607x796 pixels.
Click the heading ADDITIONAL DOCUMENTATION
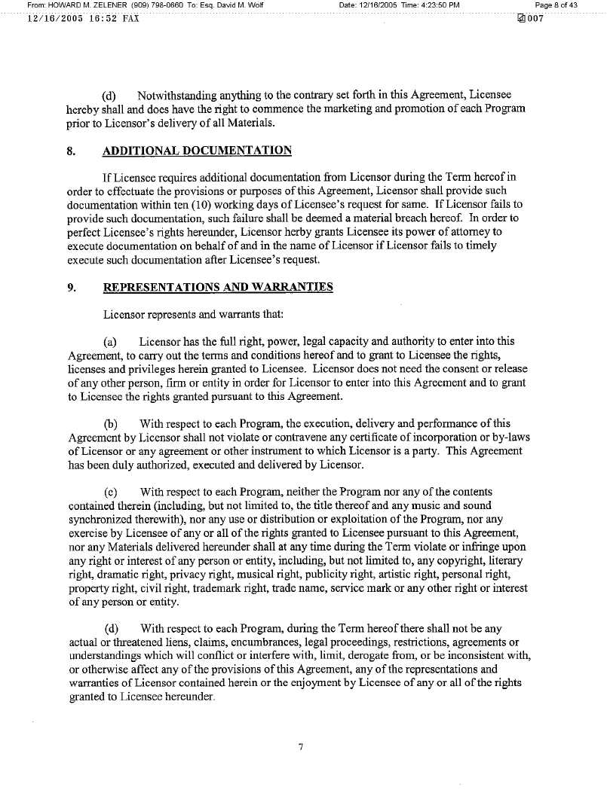pyautogui.click(x=197, y=151)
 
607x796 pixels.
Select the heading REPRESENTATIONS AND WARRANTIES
pyautogui.click(x=217, y=287)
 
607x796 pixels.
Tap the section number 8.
pyautogui.click(x=70, y=151)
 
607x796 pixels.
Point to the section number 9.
pyautogui.click(x=70, y=287)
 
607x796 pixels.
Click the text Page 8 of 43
pyautogui.click(x=556, y=5)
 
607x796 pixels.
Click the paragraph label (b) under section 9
pyautogui.click(x=111, y=423)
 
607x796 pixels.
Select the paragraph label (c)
pyautogui.click(x=111, y=492)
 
